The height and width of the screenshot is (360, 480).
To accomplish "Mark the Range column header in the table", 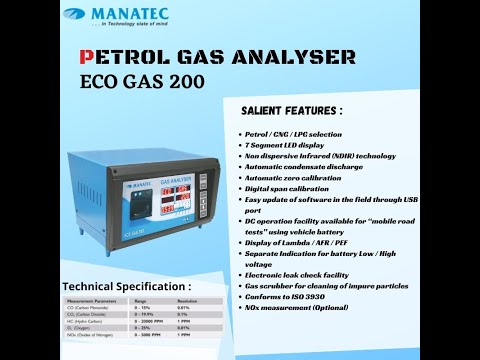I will click(142, 300).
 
